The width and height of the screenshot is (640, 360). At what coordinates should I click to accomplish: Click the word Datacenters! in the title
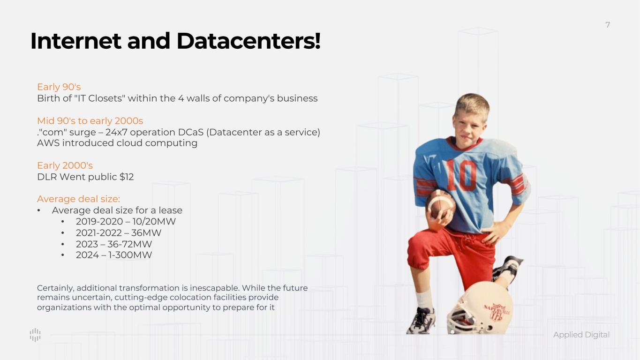pyautogui.click(x=248, y=41)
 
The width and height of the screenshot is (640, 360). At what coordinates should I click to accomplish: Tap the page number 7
pyautogui.click(x=608, y=25)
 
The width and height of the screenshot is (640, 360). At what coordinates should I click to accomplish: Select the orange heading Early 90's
pyautogui.click(x=59, y=87)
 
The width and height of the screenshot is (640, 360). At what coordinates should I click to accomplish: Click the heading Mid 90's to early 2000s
pyautogui.click(x=90, y=121)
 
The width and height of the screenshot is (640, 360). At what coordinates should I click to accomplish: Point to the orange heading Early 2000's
pyautogui.click(x=65, y=165)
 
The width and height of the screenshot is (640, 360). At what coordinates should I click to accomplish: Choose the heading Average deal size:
pyautogui.click(x=79, y=199)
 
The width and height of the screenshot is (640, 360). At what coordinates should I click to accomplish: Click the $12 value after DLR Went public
pyautogui.click(x=127, y=177)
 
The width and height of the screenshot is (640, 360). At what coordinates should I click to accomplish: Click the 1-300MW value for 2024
pyautogui.click(x=130, y=255)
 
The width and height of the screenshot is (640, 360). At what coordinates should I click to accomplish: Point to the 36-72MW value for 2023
pyautogui.click(x=129, y=244)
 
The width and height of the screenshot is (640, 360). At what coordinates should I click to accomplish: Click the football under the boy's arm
pyautogui.click(x=440, y=206)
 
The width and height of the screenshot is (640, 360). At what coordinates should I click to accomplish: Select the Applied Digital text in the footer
pyautogui.click(x=581, y=335)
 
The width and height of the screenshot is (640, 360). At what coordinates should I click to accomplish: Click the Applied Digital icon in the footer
pyautogui.click(x=35, y=335)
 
